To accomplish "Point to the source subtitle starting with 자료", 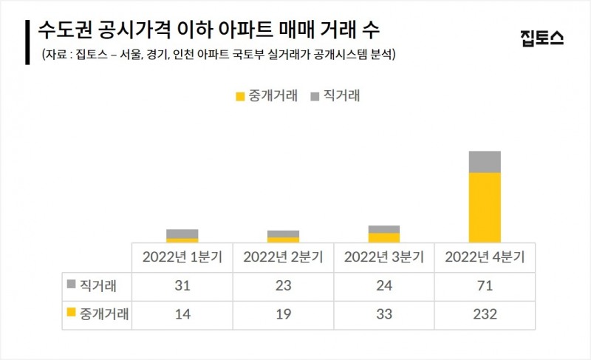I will coord(216,55).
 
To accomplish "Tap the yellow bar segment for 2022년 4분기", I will coord(485,207).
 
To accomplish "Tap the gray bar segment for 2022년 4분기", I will coord(485,162).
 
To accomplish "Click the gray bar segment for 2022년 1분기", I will coord(182,234).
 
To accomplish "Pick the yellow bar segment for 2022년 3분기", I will coord(383,237).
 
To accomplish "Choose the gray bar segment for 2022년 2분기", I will coord(283,234).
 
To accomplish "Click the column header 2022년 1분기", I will coord(182,257).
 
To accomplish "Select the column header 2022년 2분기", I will coord(283,257).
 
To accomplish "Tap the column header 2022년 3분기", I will coord(383,257).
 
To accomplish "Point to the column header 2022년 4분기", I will coord(485,257).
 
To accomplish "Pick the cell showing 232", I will coord(485,314).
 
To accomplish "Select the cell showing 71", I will coord(485,285).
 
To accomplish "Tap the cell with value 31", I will coord(182,285).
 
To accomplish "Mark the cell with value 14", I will coord(182,314).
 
